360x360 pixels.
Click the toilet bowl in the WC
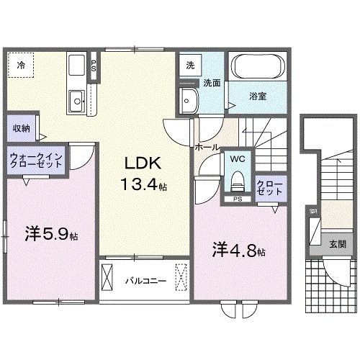pyautogui.click(x=236, y=181)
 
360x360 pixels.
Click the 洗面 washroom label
pyautogui.click(x=211, y=82)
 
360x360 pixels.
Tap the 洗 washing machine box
pyautogui.click(x=190, y=65)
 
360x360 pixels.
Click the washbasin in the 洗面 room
pyautogui.click(x=190, y=99)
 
